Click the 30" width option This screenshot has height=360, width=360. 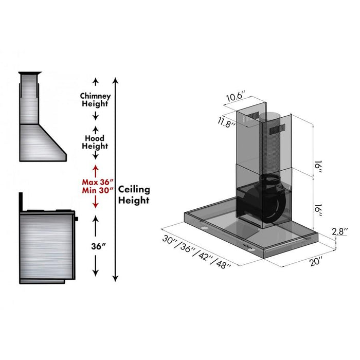(171, 239)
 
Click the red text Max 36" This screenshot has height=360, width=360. (95, 182)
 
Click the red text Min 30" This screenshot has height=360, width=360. (95, 190)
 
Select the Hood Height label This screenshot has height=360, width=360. (95, 142)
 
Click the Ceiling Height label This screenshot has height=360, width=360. (134, 194)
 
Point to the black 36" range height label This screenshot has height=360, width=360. (96, 246)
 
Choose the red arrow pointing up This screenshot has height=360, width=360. (95, 169)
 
